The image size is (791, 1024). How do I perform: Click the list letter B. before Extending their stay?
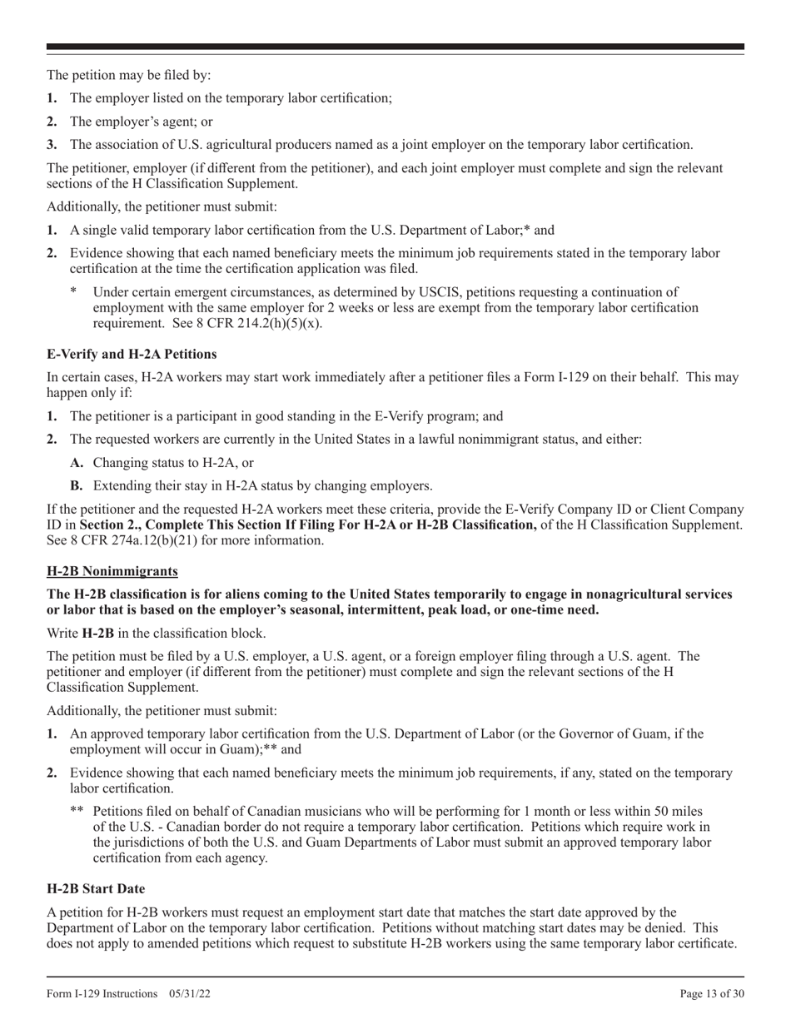(x=77, y=485)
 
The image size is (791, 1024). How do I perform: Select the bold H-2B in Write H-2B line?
(x=98, y=633)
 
